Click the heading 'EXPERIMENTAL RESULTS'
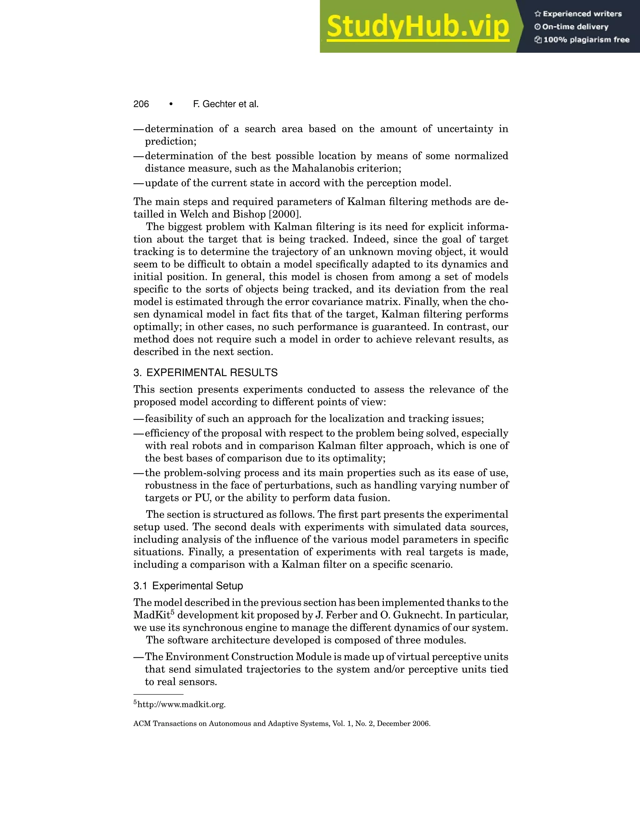(x=212, y=373)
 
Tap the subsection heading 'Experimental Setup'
(x=197, y=586)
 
